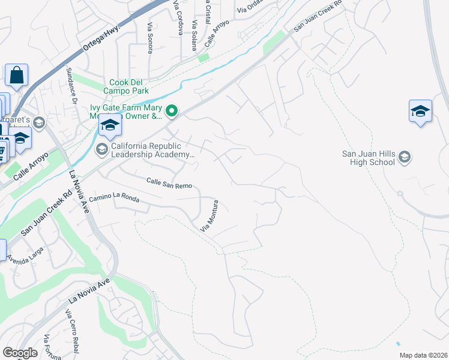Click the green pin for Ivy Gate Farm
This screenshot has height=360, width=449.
pos(172,111)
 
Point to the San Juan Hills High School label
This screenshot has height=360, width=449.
pos(369,158)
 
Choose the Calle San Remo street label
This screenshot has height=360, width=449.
pos(169,183)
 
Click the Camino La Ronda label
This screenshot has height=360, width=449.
pos(114,200)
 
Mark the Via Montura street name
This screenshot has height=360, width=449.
pos(212,220)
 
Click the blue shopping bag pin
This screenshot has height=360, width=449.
pos(16,76)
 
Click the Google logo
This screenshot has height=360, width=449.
pos(20,353)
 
